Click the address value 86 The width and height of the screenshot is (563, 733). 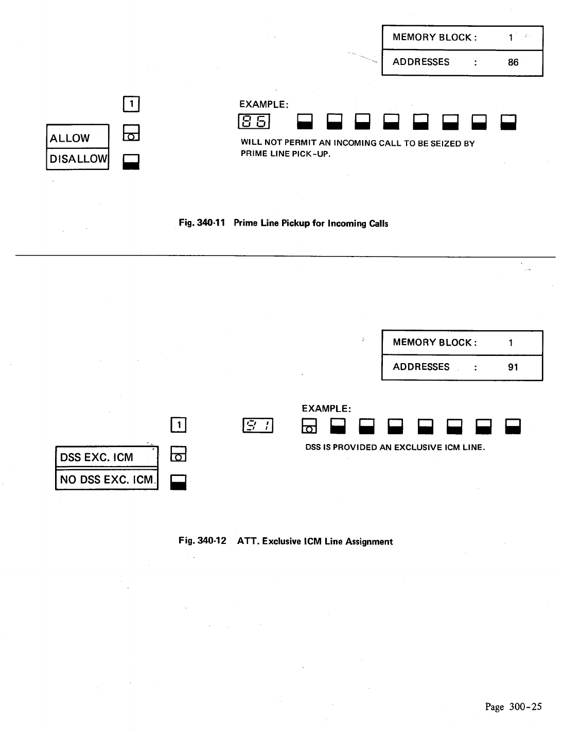513,62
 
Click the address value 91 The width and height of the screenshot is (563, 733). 513,367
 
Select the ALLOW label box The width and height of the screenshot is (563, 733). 78,137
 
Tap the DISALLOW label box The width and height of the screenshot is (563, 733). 78,159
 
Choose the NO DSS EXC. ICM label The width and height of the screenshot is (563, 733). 107,479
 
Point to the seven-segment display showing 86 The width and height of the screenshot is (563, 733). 254,122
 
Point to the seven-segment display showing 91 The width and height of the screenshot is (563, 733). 258,426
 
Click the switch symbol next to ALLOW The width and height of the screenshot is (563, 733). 131,133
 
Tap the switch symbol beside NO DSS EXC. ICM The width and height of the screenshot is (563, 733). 178,482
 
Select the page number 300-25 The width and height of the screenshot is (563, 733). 513,707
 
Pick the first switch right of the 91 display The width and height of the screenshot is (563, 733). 309,426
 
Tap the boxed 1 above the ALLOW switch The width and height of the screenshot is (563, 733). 132,105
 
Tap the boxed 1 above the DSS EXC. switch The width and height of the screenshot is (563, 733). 178,425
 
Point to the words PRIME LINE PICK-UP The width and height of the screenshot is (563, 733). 285,154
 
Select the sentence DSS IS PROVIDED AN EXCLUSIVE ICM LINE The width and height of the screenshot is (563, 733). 395,447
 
